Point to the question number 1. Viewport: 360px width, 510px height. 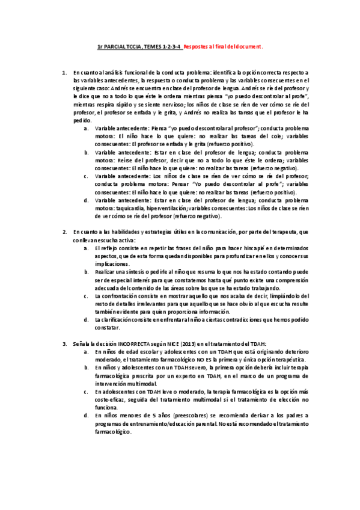(65, 72)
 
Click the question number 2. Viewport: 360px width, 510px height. (65, 232)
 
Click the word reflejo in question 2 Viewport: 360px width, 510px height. (111, 248)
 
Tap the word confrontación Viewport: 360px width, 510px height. (121, 296)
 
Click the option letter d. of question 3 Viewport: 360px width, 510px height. (87, 415)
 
